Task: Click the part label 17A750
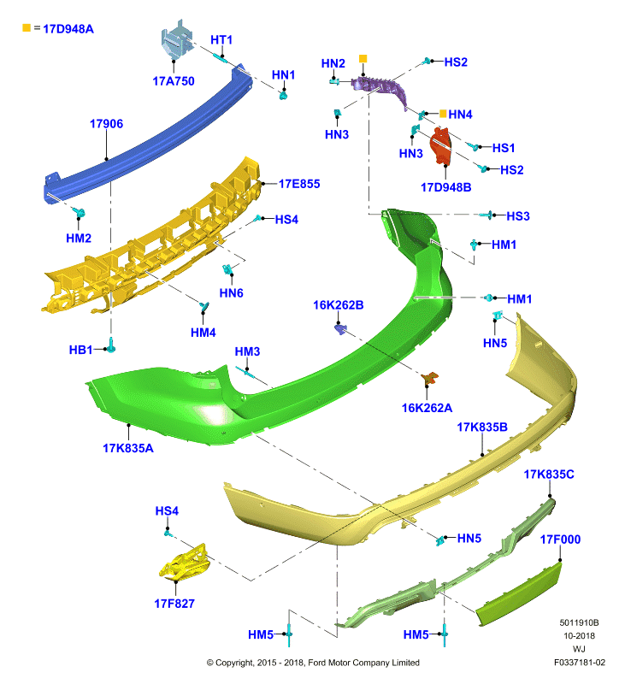[174, 81]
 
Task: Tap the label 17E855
[299, 184]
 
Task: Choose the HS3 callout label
[518, 216]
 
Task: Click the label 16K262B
[338, 305]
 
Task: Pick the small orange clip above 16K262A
[429, 378]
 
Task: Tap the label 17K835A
[127, 448]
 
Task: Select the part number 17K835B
[482, 427]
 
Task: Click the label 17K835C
[549, 475]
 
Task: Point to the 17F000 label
[560, 540]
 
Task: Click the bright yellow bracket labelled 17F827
[186, 563]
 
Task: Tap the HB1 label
[80, 350]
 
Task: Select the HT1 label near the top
[221, 40]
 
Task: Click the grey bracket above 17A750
[177, 40]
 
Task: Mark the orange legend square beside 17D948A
[27, 28]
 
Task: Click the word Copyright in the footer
[235, 663]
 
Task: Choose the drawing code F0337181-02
[579, 663]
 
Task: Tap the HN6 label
[231, 293]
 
